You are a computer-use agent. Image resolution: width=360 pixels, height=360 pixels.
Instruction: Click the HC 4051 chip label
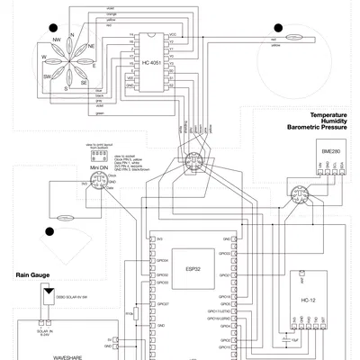click(151, 63)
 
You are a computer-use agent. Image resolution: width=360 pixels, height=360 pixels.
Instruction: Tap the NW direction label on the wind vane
click(57, 40)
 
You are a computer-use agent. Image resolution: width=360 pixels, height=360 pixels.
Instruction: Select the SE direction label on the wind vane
click(84, 81)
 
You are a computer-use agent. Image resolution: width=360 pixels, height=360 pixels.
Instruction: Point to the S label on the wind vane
click(66, 88)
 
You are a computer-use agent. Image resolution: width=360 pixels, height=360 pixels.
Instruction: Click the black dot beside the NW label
click(54, 28)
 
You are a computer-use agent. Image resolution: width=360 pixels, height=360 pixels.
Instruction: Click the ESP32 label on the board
click(193, 268)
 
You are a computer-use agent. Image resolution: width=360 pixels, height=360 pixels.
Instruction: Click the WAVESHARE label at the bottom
click(67, 356)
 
